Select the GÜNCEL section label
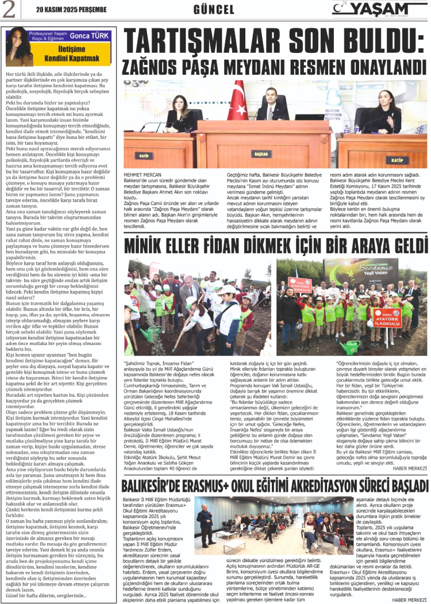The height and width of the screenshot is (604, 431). pyautogui.click(x=214, y=10)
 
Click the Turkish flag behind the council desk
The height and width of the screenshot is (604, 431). pyautogui.click(x=237, y=100)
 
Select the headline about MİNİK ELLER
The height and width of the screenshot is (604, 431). pyautogui.click(x=276, y=247)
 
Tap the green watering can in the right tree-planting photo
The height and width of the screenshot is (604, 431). pyautogui.click(x=349, y=347)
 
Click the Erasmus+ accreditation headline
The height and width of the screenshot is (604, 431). pyautogui.click(x=276, y=486)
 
